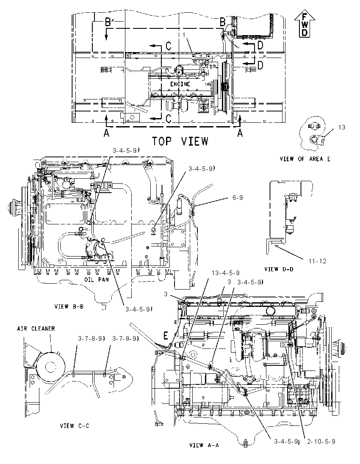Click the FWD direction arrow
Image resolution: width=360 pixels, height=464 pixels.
[x=305, y=23]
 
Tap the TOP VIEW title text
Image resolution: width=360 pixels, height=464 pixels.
[x=180, y=141]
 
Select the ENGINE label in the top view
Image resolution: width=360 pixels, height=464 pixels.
[x=180, y=84]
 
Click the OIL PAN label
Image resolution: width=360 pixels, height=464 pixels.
[x=97, y=279]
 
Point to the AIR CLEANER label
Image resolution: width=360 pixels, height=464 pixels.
[x=36, y=329]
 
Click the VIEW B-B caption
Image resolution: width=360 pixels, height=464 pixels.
[x=69, y=306]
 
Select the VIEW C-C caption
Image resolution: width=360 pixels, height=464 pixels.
[x=74, y=426]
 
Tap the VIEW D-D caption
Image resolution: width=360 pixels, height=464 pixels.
[x=279, y=269]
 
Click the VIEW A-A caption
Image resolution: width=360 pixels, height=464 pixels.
[x=204, y=445]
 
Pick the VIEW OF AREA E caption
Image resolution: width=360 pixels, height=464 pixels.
[x=305, y=159]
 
